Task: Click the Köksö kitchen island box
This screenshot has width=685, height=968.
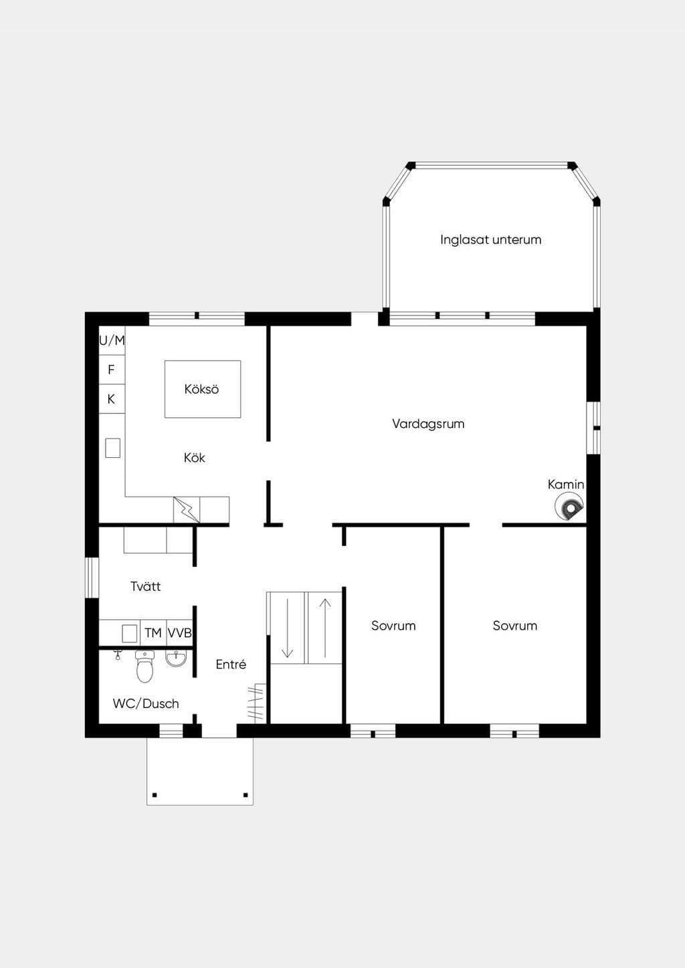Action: tap(203, 389)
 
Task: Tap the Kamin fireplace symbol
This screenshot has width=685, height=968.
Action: tap(569, 508)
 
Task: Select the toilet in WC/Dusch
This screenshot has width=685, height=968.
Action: tap(144, 667)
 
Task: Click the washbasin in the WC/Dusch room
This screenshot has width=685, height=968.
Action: tap(176, 658)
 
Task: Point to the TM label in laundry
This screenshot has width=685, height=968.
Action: tap(153, 633)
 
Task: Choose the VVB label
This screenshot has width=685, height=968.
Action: tap(179, 633)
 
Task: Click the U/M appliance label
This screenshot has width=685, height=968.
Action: tap(112, 341)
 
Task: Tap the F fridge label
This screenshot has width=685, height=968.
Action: tap(111, 370)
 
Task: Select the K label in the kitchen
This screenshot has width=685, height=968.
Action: tap(111, 399)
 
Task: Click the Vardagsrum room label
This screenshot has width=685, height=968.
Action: tap(428, 424)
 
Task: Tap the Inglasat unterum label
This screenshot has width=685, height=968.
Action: tap(491, 239)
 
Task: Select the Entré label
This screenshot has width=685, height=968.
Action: tap(231, 664)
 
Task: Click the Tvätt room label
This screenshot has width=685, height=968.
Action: tap(145, 586)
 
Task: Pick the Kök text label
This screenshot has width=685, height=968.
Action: tap(194, 458)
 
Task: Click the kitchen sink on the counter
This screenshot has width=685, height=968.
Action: tap(113, 448)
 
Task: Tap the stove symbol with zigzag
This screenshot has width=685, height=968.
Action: tap(187, 510)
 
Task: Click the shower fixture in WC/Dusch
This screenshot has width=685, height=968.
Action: tap(117, 654)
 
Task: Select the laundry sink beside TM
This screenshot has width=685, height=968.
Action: tap(130, 634)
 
